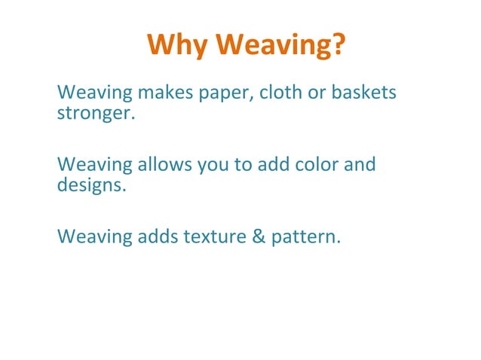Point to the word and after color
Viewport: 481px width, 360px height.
coord(360,164)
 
